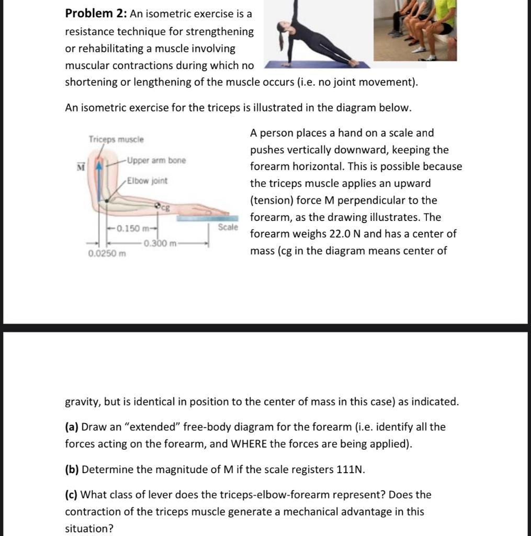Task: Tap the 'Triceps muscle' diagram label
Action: (116, 140)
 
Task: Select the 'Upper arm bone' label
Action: (156, 160)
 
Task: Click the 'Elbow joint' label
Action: (148, 181)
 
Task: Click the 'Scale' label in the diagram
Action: (228, 228)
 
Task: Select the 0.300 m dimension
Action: (161, 243)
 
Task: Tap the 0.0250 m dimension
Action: (107, 254)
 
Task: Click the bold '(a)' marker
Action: (72, 427)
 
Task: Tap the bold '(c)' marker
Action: (72, 495)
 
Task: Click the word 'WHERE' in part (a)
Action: (249, 444)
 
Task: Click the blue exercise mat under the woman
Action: (314, 65)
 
